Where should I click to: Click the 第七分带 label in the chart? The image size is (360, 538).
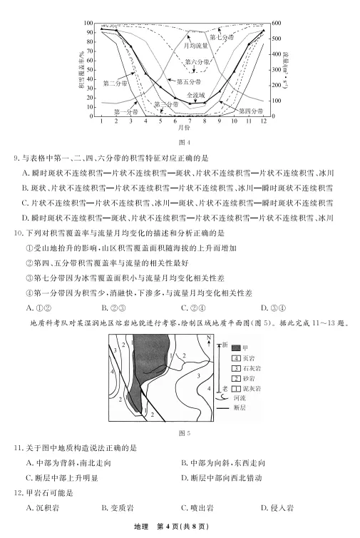point(222,36)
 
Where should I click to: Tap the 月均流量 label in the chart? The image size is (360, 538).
point(196,45)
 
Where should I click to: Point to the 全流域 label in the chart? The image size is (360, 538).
point(195,94)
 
